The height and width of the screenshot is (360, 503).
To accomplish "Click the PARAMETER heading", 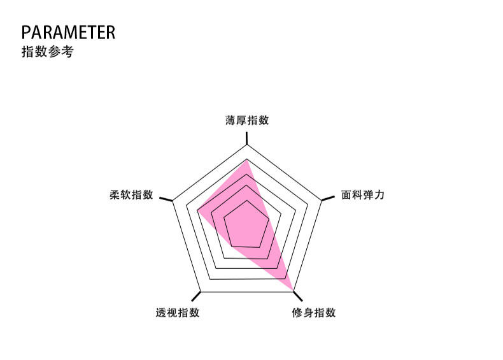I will (x=68, y=32).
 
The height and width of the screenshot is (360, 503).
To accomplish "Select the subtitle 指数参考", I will (x=47, y=52).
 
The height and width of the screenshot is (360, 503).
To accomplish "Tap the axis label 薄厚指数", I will (x=247, y=120).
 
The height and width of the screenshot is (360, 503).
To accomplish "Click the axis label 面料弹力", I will (x=363, y=195).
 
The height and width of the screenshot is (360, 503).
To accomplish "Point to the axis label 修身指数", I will (x=314, y=313).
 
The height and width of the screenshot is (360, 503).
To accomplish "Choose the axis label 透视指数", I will (x=178, y=313).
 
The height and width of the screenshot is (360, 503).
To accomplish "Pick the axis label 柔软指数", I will (x=132, y=195).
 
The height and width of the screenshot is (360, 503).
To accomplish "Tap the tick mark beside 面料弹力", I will (x=327, y=199).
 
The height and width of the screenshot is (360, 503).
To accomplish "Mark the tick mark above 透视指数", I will (x=197, y=296).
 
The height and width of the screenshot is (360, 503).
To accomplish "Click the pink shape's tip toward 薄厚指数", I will (x=247, y=161).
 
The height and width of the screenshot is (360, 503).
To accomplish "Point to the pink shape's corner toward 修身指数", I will (x=294, y=290).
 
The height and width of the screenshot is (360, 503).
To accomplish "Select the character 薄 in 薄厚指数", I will (x=230, y=120).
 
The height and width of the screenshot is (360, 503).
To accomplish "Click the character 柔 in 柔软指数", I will (x=115, y=195).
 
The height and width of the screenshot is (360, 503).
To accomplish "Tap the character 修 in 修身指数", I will (x=297, y=313).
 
